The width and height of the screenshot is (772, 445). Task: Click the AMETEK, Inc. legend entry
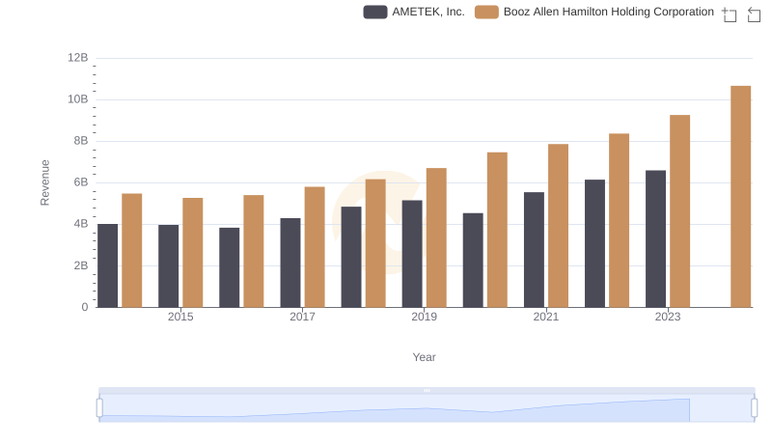coord(414,12)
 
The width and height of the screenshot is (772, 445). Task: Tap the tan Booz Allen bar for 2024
coord(740,196)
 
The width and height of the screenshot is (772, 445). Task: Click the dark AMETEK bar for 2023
coord(655,238)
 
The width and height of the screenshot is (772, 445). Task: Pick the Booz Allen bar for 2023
coord(679,210)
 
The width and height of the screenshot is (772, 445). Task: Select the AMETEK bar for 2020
coord(473,260)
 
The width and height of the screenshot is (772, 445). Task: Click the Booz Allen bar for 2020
coord(497,230)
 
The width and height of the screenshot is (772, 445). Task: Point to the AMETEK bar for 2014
coord(108,265)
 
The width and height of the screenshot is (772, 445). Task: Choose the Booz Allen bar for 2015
coord(193,252)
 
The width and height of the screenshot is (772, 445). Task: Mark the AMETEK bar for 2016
coord(230,267)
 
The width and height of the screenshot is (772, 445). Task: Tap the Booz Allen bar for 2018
coord(375,243)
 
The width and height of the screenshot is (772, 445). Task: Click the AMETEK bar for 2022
coord(594,243)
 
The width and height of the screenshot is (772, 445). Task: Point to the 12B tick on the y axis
coord(77,58)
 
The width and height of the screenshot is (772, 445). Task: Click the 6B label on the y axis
coord(80,182)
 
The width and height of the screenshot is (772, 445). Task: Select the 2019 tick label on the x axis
coord(424,317)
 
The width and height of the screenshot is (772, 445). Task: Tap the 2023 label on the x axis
coord(668,317)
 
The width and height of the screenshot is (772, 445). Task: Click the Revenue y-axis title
coord(44,182)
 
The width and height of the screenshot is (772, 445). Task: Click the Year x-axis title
coord(425,357)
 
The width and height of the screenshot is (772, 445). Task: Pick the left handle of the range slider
coord(99,407)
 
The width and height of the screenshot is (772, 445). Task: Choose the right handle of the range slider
coord(754,407)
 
